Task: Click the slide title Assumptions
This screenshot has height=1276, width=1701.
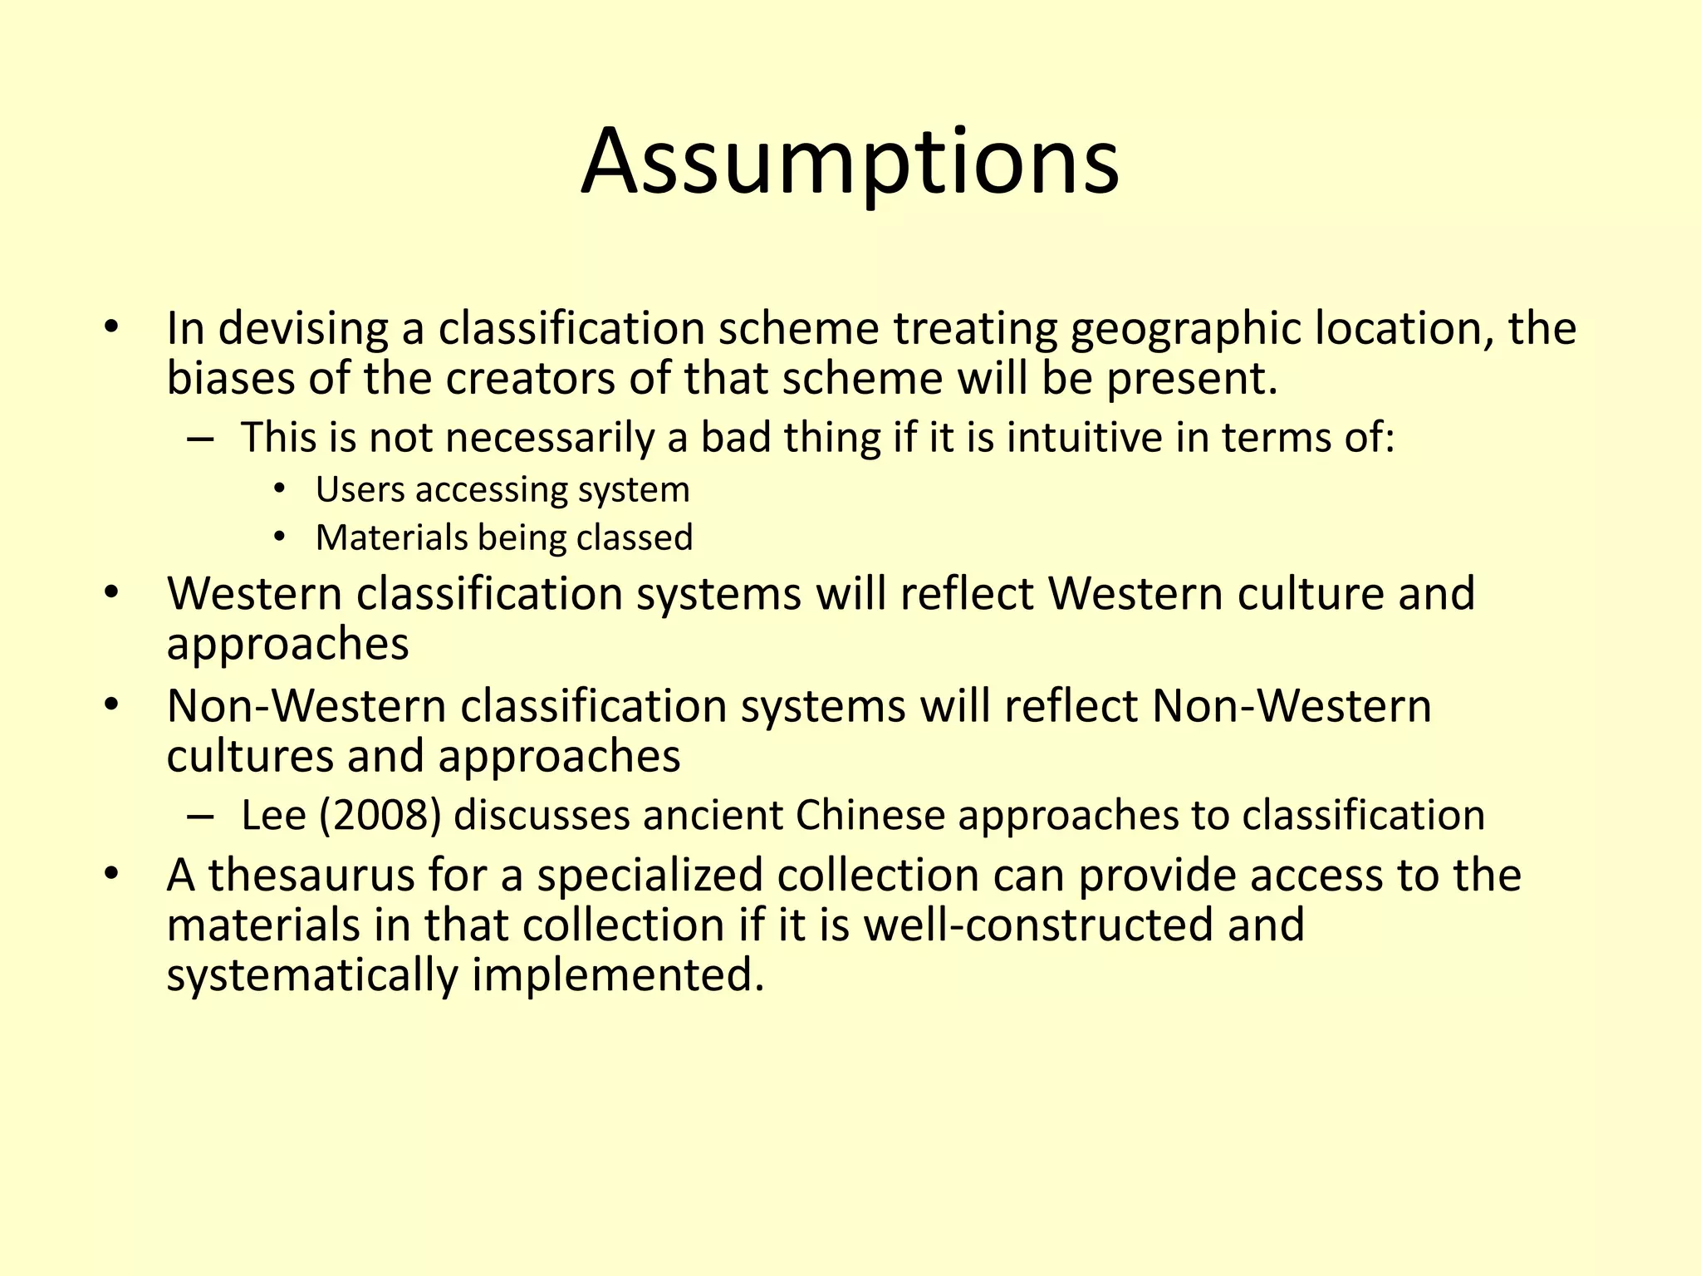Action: (850, 162)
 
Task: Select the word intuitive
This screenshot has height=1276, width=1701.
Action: (1085, 438)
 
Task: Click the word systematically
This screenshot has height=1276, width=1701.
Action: (312, 975)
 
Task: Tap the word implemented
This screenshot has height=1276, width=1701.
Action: (617, 975)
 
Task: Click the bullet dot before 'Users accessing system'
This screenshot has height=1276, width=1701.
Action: (279, 488)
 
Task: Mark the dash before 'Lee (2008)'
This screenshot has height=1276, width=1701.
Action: (200, 816)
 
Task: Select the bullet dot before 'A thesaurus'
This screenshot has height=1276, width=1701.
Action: (112, 874)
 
